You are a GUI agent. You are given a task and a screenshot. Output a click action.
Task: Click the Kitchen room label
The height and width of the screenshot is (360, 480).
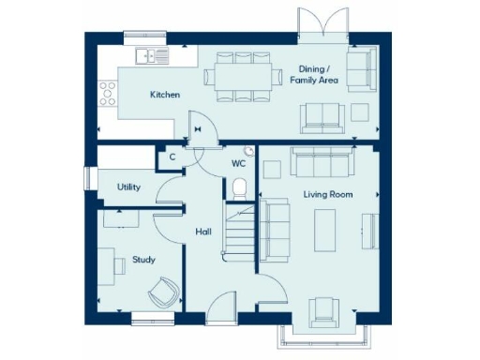pos(165,95)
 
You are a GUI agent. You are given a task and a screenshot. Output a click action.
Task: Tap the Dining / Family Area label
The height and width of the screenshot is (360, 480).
pos(319,75)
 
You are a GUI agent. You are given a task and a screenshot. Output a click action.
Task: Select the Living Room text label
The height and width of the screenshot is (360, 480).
pos(327,194)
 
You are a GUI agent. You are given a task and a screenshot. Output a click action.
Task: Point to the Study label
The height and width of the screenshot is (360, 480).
pos(143,260)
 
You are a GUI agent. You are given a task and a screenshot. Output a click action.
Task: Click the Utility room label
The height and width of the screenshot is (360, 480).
pos(128,187)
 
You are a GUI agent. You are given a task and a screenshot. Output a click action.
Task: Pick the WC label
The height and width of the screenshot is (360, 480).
pos(238,164)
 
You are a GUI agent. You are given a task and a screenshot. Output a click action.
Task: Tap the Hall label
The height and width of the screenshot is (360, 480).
pos(202,231)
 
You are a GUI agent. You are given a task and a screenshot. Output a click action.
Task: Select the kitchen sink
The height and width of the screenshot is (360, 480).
pos(151,56)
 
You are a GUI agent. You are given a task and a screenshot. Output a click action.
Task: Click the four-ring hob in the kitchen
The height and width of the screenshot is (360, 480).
pos(108,93)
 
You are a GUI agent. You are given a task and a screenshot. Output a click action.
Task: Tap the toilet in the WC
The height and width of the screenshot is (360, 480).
pos(239,187)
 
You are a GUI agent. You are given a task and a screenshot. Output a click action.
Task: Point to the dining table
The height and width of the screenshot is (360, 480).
pos(242,75)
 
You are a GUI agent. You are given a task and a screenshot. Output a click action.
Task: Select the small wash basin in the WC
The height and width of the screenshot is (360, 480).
pos(248,150)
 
